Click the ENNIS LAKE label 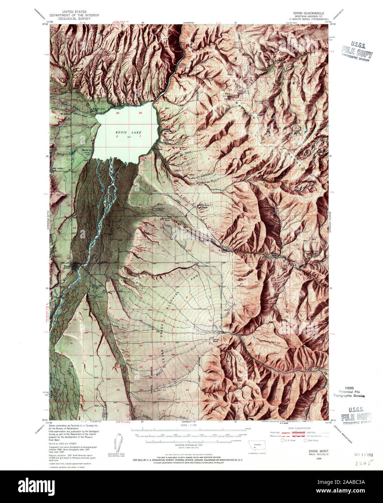pyautogui.click(x=128, y=132)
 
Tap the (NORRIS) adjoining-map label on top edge pyautogui.click(x=188, y=22)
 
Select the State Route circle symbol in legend pyautogui.click(x=305, y=440)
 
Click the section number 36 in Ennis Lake pyautogui.click(x=140, y=113)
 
